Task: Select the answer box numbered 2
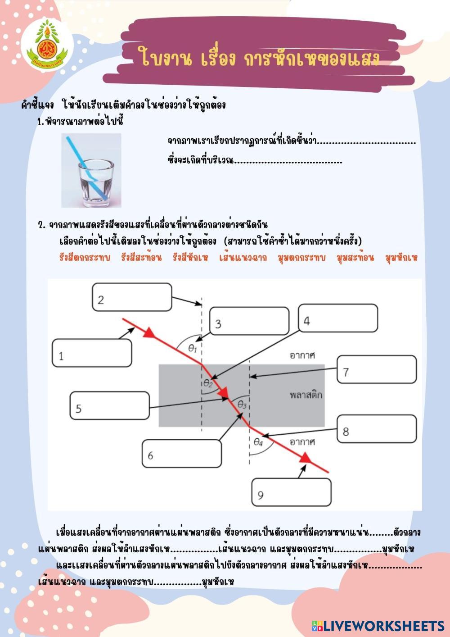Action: point(132,297)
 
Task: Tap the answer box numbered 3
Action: point(249,321)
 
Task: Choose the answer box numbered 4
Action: point(337,318)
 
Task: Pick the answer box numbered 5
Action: point(109,405)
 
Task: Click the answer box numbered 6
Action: point(182,453)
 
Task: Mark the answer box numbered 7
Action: point(377,369)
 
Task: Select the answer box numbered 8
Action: point(377,429)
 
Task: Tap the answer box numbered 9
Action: point(292,492)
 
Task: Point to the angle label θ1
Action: point(193,347)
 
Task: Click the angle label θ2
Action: point(208,383)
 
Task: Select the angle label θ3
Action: point(242,404)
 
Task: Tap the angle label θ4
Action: point(258,442)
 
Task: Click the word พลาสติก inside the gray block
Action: point(306,395)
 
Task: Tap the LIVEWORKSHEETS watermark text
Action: point(382,625)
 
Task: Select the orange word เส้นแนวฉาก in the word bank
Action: point(243,258)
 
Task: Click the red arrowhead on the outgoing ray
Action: point(306,458)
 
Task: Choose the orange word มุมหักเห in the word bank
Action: point(401,258)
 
